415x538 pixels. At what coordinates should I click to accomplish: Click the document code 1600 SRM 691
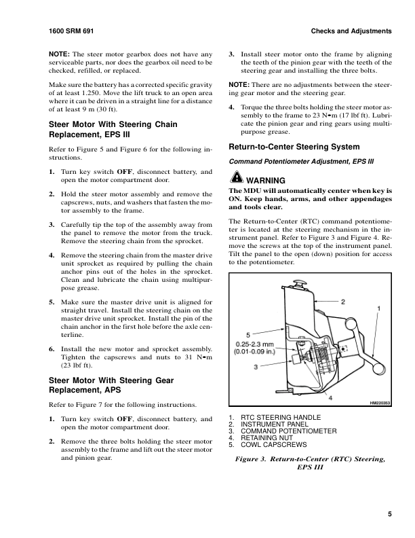pos(71,32)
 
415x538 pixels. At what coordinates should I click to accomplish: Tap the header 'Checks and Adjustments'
pos(351,32)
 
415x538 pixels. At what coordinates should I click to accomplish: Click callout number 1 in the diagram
pos(378,308)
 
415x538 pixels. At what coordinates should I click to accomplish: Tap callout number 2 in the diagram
pos(343,301)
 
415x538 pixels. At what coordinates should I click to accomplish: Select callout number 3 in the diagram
pos(256,366)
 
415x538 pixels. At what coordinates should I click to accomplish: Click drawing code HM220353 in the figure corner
pos(380,403)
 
